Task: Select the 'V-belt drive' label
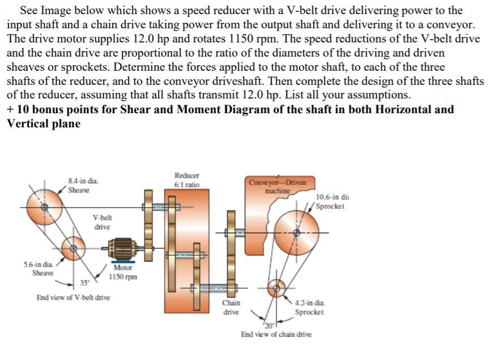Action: pos(102,222)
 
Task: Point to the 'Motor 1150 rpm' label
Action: pos(123,272)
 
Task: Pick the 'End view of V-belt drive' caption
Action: pos(73,297)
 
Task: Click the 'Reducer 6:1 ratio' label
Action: pos(186,181)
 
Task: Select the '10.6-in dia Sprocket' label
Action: pos(331,202)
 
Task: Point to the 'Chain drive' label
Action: pos(231,307)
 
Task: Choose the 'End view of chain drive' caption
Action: pos(276,335)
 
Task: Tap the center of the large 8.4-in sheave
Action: pos(46,208)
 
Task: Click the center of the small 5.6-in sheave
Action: pos(72,247)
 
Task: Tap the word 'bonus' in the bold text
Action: pos(46,109)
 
